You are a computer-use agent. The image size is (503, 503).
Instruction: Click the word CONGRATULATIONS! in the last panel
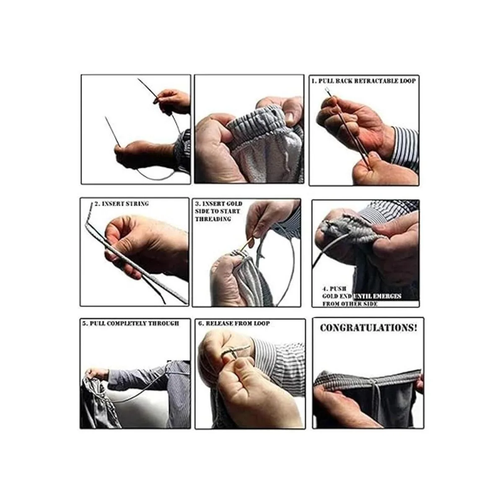click(x=368, y=328)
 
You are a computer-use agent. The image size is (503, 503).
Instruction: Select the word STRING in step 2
click(x=137, y=204)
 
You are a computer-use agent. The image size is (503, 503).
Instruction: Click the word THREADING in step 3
click(x=213, y=219)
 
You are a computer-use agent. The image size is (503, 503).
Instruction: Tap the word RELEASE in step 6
click(x=219, y=323)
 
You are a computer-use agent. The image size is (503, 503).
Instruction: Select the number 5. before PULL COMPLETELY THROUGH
click(x=85, y=323)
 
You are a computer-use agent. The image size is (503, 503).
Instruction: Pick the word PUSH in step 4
click(x=338, y=289)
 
